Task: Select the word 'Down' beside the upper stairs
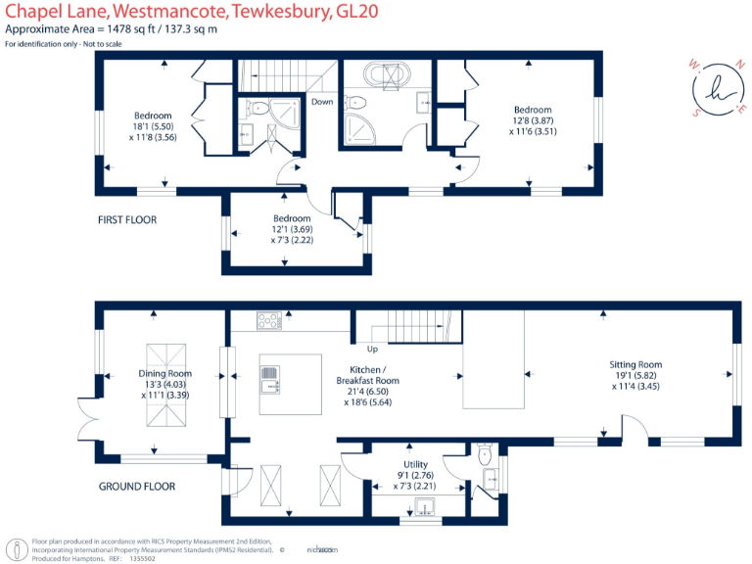tap(322, 102)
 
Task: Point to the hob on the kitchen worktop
tap(268, 319)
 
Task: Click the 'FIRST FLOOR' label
tap(127, 219)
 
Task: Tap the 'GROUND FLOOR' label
tap(137, 486)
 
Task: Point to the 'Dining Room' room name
tap(165, 373)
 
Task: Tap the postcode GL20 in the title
tap(358, 11)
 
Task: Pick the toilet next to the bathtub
tap(357, 102)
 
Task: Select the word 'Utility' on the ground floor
tap(416, 464)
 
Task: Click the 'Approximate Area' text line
tap(111, 29)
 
